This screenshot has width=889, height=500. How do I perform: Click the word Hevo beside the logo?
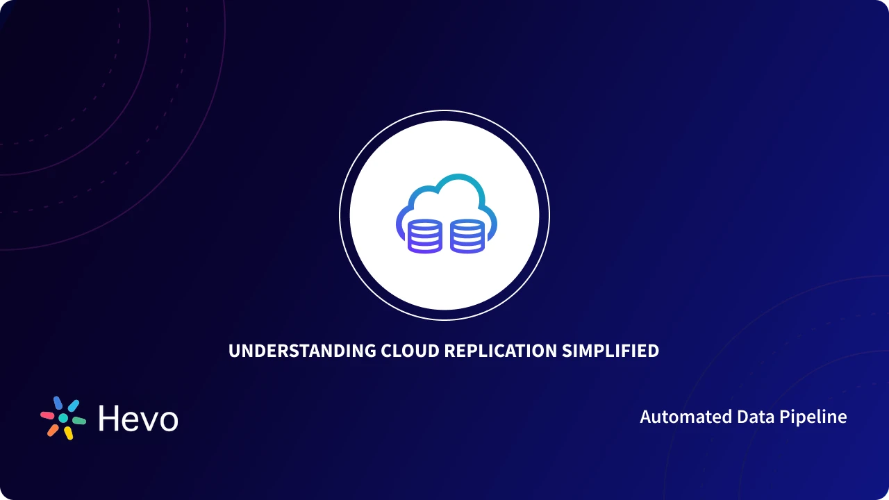[138, 419]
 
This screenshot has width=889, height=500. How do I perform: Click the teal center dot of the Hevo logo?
[63, 418]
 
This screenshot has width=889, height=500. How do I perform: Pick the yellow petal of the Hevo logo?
[69, 433]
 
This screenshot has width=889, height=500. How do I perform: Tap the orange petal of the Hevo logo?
[53, 430]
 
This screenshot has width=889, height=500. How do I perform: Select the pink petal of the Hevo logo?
[47, 415]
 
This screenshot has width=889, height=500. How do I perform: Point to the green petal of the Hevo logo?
[79, 421]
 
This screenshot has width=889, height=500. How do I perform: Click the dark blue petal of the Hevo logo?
[58, 403]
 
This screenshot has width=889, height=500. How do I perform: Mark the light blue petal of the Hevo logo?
[73, 406]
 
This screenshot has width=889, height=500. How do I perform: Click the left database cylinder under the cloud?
[424, 236]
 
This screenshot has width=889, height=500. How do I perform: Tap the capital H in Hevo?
[109, 419]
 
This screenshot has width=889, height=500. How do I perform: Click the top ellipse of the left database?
[424, 224]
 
